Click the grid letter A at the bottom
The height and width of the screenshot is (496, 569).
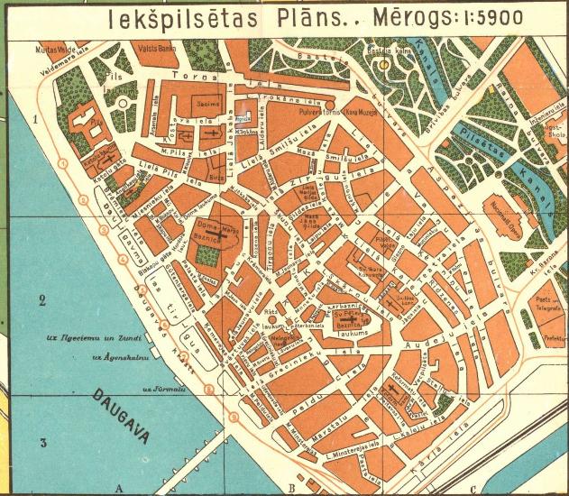[x=117, y=488]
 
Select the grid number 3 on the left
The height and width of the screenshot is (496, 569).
[x=41, y=442]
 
